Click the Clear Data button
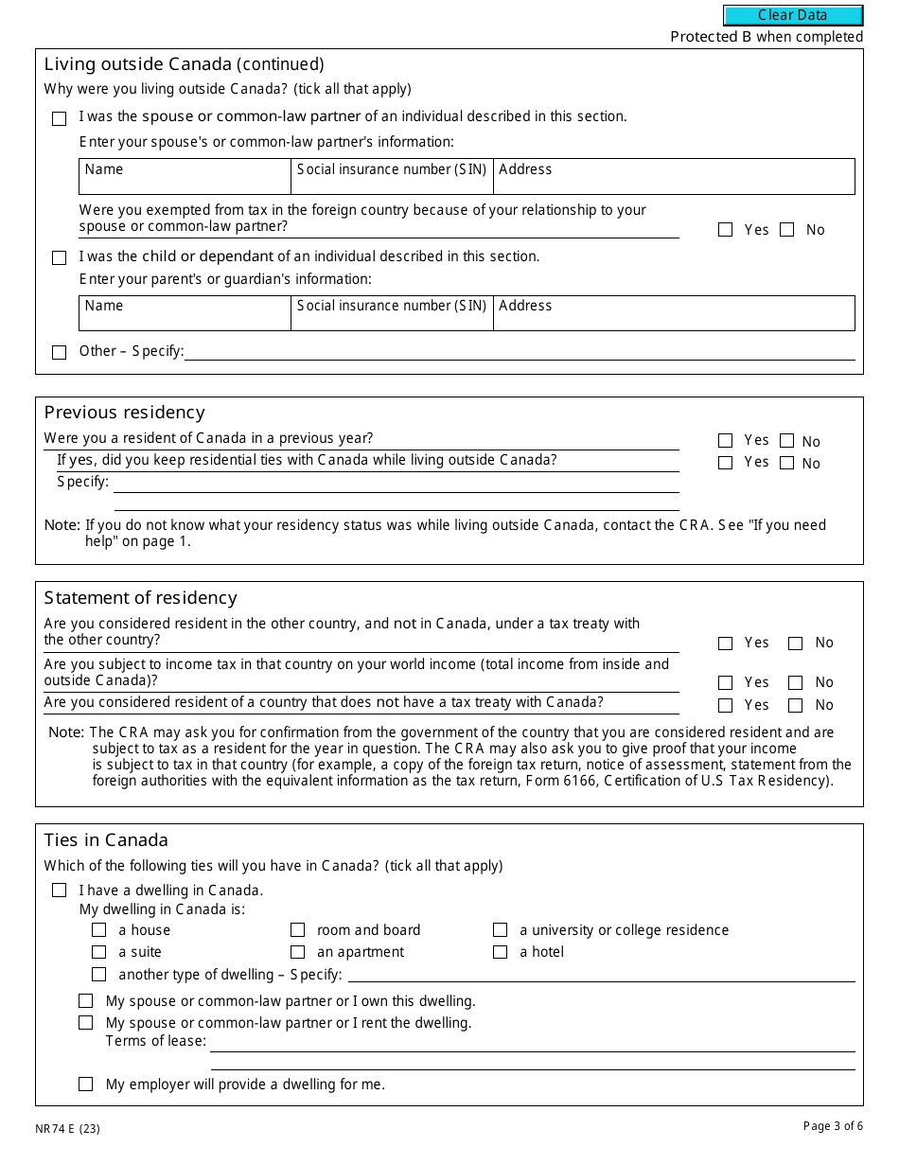pyautogui.click(x=793, y=15)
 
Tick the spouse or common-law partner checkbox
pyautogui.click(x=60, y=118)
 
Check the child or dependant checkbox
pyautogui.click(x=60, y=257)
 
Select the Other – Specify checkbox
pyautogui.click(x=60, y=352)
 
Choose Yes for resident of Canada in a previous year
pyautogui.click(x=726, y=440)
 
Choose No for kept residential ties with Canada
pyautogui.click(x=787, y=463)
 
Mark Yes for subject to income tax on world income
pyautogui.click(x=726, y=682)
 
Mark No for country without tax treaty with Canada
pyautogui.click(x=796, y=705)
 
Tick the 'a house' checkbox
pyautogui.click(x=99, y=930)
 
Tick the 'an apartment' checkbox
pyautogui.click(x=298, y=952)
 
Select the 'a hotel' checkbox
pyautogui.click(x=501, y=952)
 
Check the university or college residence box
pyautogui.click(x=501, y=930)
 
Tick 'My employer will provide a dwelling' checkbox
pyautogui.click(x=86, y=1085)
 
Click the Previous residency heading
pyautogui.click(x=124, y=413)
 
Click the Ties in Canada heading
pyautogui.click(x=106, y=840)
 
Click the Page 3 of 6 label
pyautogui.click(x=833, y=1126)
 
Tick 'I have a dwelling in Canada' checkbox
pyautogui.click(x=60, y=891)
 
